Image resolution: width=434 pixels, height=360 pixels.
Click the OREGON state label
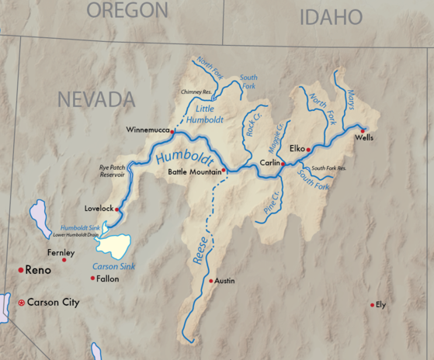127,10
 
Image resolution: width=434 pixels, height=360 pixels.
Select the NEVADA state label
96,99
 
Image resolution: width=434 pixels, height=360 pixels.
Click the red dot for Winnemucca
172,131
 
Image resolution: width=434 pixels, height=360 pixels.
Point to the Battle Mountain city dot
224,170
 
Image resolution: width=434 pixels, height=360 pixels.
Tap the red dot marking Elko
308,149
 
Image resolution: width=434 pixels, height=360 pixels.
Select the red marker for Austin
210,280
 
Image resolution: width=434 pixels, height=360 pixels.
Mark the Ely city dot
373,304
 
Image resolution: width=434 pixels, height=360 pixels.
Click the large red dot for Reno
21,269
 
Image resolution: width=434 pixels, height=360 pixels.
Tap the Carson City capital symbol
21,302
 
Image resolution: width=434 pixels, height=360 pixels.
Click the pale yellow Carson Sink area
114,244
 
